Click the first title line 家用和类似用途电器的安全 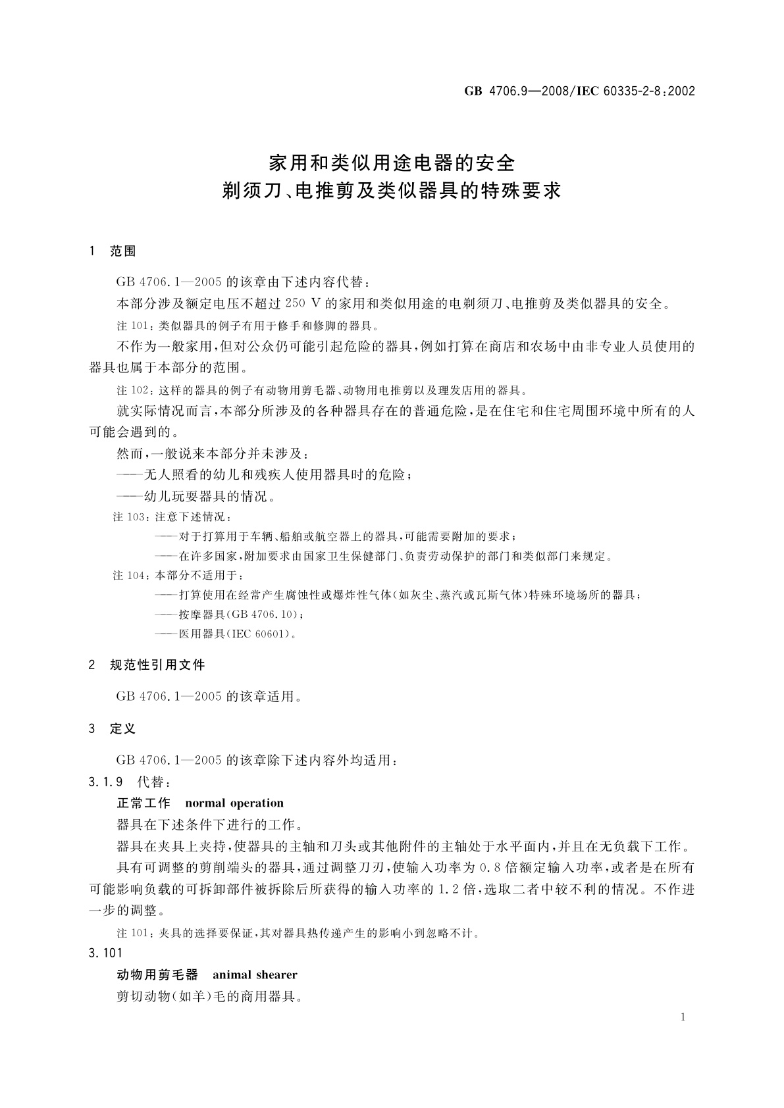[x=392, y=161]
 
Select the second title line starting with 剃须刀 [x=392, y=191]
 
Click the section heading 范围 [x=123, y=251]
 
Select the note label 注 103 [x=130, y=516]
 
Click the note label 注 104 [x=130, y=575]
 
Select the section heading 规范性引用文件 [x=157, y=665]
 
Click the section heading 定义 [x=123, y=728]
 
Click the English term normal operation [x=234, y=803]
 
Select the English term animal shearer [x=255, y=974]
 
